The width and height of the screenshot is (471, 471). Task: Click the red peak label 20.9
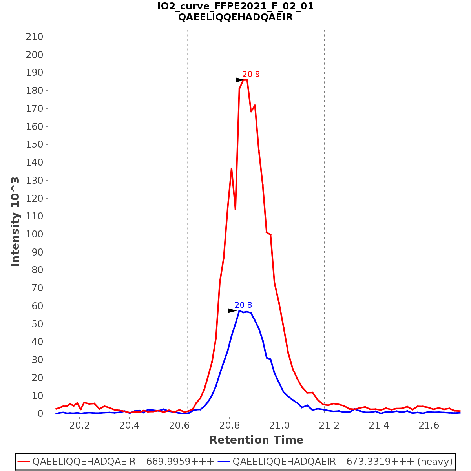tap(251, 74)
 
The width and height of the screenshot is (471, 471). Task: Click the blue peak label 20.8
tap(243, 305)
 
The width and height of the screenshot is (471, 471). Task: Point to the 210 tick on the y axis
tap(34, 37)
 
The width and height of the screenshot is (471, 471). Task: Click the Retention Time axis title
tap(256, 440)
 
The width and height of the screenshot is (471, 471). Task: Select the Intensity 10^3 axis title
tap(15, 222)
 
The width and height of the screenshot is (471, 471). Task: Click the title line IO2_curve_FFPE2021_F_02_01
tap(235, 6)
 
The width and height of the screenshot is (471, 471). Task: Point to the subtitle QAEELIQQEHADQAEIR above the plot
tap(235, 17)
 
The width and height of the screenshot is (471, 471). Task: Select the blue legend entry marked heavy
tap(343, 462)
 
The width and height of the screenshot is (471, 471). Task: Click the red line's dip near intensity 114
tap(235, 209)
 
